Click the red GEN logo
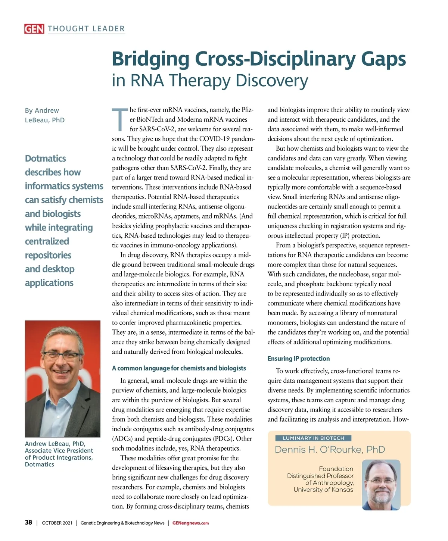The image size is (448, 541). tap(34, 29)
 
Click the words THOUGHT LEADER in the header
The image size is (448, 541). tap(86, 29)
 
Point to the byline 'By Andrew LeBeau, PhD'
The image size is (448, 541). tap(44, 115)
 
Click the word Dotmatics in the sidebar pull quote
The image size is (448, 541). tap(45, 159)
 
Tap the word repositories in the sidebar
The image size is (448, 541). tap(48, 255)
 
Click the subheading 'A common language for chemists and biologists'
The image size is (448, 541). tap(179, 368)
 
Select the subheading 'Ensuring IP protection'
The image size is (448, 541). tap(299, 359)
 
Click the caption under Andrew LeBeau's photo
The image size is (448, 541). tap(59, 454)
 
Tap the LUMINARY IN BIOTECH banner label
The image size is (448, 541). tap(313, 438)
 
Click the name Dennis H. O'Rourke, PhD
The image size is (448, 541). tap(330, 450)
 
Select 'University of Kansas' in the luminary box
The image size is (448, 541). tap(323, 490)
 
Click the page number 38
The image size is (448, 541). tap(28, 522)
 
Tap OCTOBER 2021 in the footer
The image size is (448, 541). tap(57, 523)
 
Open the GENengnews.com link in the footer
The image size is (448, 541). tap(190, 523)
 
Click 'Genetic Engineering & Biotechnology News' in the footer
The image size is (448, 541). tap(122, 523)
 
